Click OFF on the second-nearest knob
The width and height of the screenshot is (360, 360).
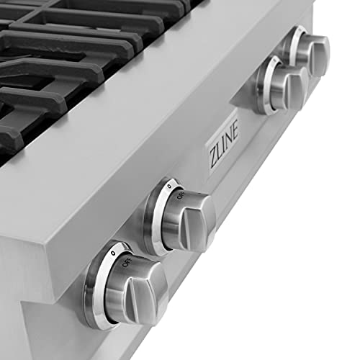181,196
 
